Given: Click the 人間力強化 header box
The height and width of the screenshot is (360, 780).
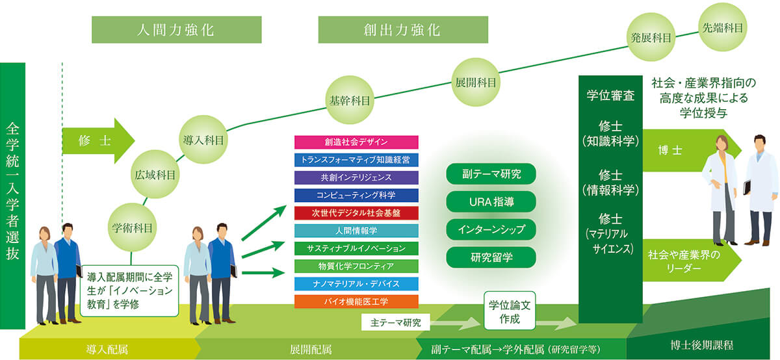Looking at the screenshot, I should pos(176,30).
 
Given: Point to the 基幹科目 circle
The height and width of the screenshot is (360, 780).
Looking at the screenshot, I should pos(350,101).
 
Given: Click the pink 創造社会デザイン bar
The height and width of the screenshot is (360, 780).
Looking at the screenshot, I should pos(356,142).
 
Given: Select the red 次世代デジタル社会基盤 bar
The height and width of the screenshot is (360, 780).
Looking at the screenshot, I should pos(356,212).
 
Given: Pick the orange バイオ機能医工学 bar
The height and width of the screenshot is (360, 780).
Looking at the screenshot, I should pos(356,302).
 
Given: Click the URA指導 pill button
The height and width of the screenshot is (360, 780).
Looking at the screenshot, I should pos(491,202).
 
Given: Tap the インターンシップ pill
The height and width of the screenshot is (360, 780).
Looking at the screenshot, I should pos(491,229).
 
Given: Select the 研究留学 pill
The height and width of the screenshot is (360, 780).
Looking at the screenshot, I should pos(491,257).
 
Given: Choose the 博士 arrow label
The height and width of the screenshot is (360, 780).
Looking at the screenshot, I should pos(661,149).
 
